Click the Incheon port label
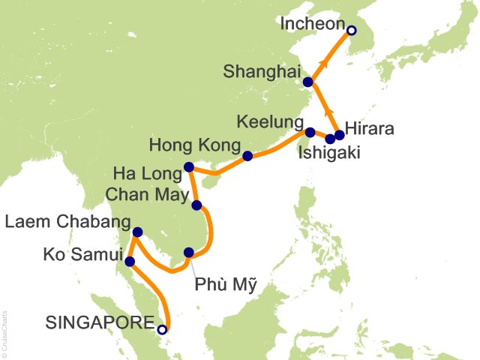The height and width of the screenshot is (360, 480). tap(311, 25)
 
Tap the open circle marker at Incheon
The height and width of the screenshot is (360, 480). tap(351, 31)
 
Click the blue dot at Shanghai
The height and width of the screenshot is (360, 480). tap(307, 82)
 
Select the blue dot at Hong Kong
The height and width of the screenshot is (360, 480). tap(247, 157)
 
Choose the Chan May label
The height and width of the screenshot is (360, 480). tap(143, 194)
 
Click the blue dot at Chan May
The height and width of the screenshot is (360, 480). tap(196, 205)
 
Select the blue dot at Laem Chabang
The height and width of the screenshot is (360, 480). tap(137, 232)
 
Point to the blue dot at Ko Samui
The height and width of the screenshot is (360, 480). tap(130, 262)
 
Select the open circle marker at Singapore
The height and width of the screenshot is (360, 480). tap(162, 328)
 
